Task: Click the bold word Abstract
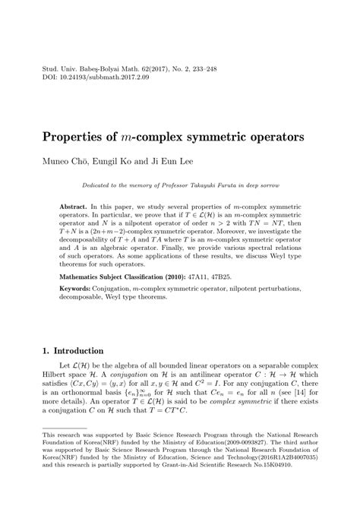pos(74,207)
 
